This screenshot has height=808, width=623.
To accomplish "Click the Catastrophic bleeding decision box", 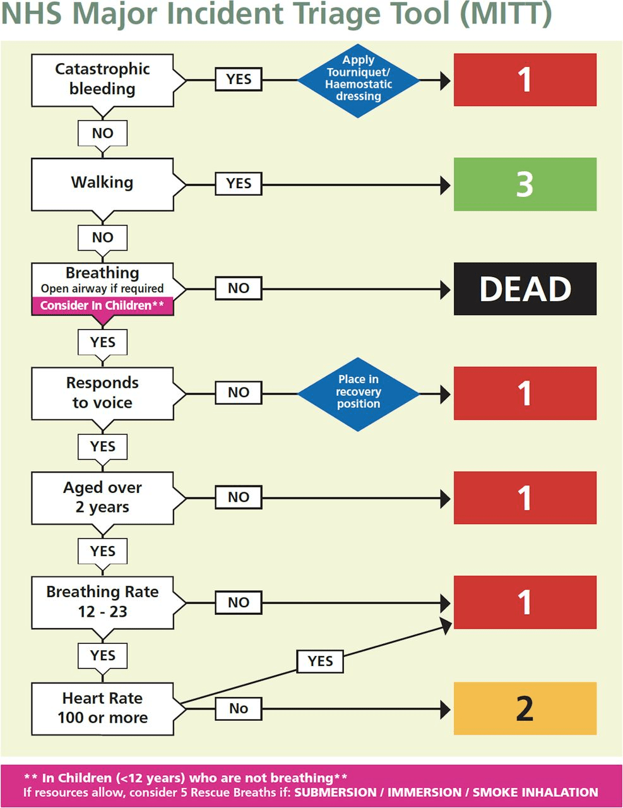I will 102,80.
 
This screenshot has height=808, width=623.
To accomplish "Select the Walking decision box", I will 102,183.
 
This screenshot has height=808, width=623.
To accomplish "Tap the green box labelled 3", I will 525,184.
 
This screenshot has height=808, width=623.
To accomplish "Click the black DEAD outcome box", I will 525,289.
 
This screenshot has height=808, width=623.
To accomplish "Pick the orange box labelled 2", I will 525,708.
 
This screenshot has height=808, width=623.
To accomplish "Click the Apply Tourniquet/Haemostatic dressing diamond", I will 359,80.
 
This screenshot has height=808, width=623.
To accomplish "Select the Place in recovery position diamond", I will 359,393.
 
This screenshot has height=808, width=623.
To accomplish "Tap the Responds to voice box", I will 102,393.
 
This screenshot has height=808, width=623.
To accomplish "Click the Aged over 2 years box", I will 102,497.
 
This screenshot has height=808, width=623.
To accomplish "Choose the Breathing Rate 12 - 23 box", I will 102,602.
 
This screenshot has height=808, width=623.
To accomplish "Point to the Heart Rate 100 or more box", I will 102,708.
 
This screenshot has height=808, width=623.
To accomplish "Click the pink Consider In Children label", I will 102,306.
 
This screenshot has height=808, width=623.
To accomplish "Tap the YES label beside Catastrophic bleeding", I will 239,80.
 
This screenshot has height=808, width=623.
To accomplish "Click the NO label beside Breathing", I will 239,288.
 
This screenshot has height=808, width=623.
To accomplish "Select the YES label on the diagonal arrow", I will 320,662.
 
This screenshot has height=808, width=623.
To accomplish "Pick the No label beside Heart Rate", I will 239,709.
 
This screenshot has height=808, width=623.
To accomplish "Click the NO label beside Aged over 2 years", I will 239,497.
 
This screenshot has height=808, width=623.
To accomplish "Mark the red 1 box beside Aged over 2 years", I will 525,497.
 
